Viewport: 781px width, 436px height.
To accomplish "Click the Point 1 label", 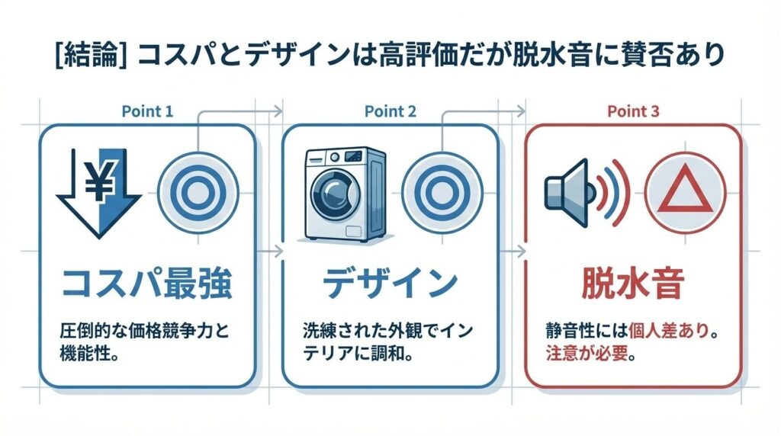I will [147, 111].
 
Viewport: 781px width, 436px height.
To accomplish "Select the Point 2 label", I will [390, 111].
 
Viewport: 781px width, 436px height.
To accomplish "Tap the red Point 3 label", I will [632, 111].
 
